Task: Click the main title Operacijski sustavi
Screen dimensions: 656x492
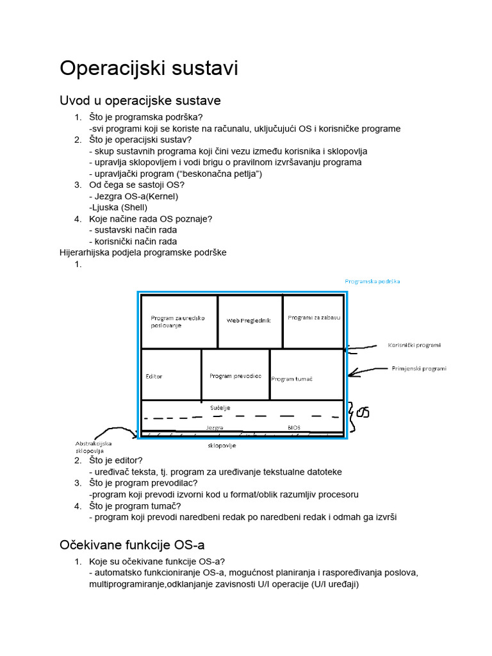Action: point(149,69)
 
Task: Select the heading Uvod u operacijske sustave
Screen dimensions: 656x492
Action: point(140,101)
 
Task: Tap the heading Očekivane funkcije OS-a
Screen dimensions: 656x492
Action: point(132,545)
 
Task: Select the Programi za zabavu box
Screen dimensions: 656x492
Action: point(314,318)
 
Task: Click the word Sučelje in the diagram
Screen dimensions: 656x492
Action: point(220,407)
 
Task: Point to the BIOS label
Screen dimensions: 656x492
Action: point(294,427)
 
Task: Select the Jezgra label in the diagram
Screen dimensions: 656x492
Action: point(215,427)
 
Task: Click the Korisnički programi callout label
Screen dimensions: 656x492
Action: point(414,345)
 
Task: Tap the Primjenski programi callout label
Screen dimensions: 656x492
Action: point(419,369)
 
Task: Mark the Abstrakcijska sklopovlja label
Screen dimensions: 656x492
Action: point(94,447)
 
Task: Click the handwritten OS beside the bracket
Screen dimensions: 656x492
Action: point(363,412)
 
